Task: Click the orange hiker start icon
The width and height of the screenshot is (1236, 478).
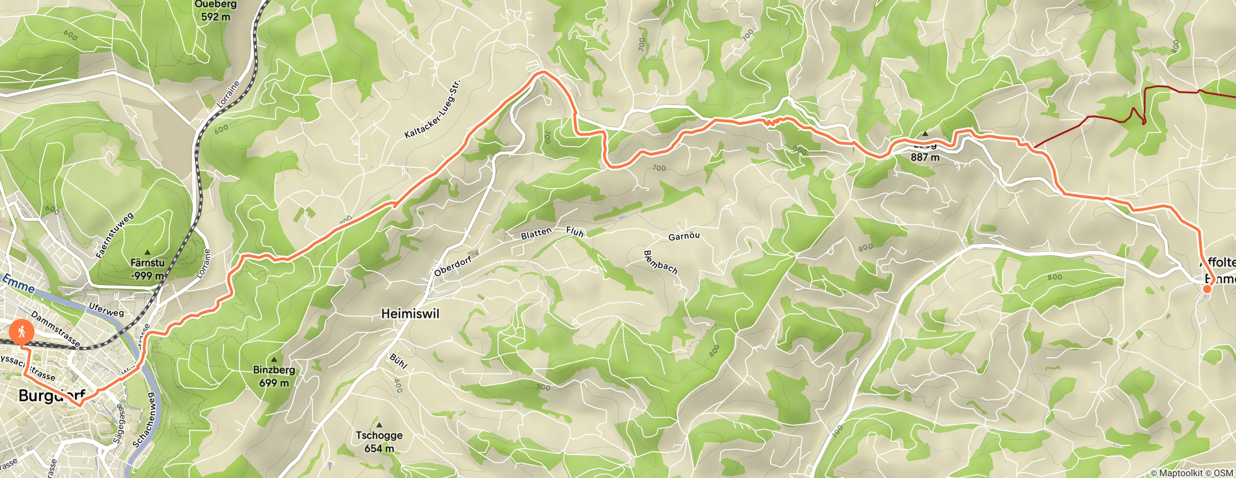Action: pyautogui.click(x=21, y=331)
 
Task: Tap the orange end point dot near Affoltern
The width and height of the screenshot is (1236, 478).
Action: pyautogui.click(x=1207, y=288)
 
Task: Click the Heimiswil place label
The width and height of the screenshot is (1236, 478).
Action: pyautogui.click(x=410, y=313)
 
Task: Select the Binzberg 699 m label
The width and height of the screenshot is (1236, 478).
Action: pyautogui.click(x=274, y=376)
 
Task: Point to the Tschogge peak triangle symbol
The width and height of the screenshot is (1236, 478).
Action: pyautogui.click(x=379, y=425)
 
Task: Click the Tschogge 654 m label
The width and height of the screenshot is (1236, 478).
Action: pyautogui.click(x=379, y=442)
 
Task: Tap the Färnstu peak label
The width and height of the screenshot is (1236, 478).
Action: pyautogui.click(x=148, y=269)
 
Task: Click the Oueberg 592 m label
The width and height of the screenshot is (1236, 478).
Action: pyautogui.click(x=216, y=11)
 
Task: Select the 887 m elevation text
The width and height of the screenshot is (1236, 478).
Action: pyautogui.click(x=925, y=157)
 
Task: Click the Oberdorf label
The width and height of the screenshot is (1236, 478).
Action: pyautogui.click(x=453, y=266)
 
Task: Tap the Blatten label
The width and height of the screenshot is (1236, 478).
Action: pyautogui.click(x=536, y=233)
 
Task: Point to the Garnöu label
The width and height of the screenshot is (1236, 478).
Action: pyautogui.click(x=684, y=236)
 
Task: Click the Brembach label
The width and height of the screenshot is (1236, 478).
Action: pyautogui.click(x=661, y=262)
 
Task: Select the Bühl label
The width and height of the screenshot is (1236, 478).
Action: pyautogui.click(x=398, y=361)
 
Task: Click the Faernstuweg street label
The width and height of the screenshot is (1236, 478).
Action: pyautogui.click(x=114, y=235)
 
